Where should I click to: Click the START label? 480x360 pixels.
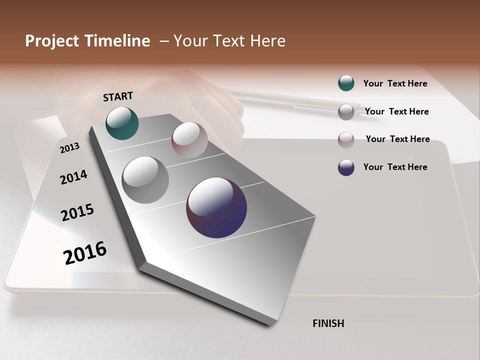(118, 96)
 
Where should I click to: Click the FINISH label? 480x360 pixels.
(328, 323)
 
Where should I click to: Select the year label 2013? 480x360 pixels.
(70, 147)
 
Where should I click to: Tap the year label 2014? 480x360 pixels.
(73, 177)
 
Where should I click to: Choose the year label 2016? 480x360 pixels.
(85, 253)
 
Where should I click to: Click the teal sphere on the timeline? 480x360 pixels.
(122, 123)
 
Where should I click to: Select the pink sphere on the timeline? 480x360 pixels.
(189, 139)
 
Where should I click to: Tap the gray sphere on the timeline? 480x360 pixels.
(145, 179)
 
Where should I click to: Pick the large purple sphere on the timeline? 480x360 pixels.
(216, 207)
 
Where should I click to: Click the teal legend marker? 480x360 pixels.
(346, 83)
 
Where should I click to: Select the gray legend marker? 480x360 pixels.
(346, 112)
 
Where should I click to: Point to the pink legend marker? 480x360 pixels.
(346, 140)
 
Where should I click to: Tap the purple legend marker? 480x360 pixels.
(346, 167)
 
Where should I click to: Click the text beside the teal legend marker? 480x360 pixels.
(395, 83)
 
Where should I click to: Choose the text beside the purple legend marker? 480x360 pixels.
(395, 167)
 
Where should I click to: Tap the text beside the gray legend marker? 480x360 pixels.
(396, 111)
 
